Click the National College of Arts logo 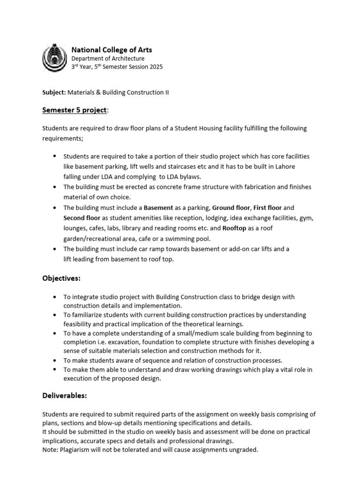click(54, 58)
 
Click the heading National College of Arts click(112, 50)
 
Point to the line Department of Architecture click(108, 59)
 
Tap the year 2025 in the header click(156, 67)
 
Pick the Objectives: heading click(61, 278)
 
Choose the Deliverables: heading click(65, 396)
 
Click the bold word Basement click(158, 207)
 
